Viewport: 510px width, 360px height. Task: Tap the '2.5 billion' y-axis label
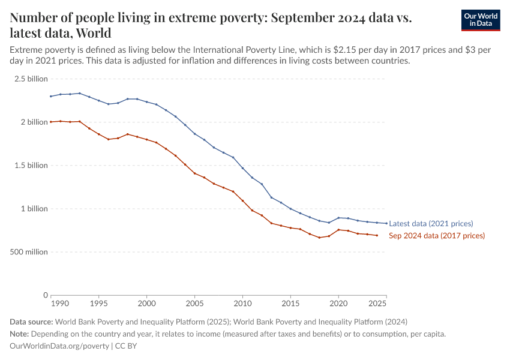point(31,79)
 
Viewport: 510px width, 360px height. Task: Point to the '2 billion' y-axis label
point(34,122)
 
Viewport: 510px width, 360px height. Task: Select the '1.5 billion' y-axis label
point(31,166)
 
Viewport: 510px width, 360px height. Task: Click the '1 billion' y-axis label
point(34,209)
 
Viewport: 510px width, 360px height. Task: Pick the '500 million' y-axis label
point(29,252)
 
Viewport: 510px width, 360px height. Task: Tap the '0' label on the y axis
point(45,295)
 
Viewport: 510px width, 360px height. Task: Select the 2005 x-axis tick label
point(194,304)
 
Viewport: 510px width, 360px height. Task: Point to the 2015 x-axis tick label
point(290,304)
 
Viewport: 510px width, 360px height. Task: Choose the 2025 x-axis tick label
point(378,304)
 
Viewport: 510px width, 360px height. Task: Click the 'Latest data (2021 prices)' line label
point(431,224)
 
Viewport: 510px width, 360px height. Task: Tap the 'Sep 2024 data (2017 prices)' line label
point(437,236)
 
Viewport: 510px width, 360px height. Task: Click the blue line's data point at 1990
point(51,96)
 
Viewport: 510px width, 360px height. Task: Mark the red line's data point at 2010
point(242,200)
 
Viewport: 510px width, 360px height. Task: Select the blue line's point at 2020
point(338,218)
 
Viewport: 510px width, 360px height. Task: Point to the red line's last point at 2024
point(377,235)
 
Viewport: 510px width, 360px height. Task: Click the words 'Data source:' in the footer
point(31,322)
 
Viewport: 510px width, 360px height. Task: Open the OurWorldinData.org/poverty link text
point(59,346)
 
